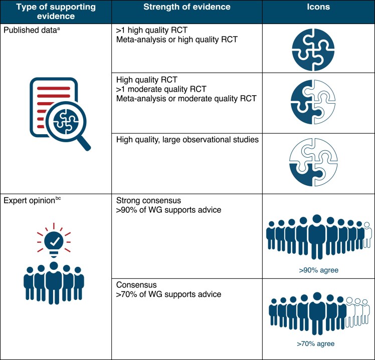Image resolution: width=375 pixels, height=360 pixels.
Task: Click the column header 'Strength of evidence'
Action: click(187, 8)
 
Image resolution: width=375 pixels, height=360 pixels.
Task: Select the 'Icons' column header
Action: click(318, 8)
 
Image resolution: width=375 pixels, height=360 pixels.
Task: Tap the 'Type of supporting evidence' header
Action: click(55, 12)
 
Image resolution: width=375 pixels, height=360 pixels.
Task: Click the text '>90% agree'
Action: click(318, 270)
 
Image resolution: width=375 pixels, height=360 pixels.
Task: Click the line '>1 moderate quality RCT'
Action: click(160, 89)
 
